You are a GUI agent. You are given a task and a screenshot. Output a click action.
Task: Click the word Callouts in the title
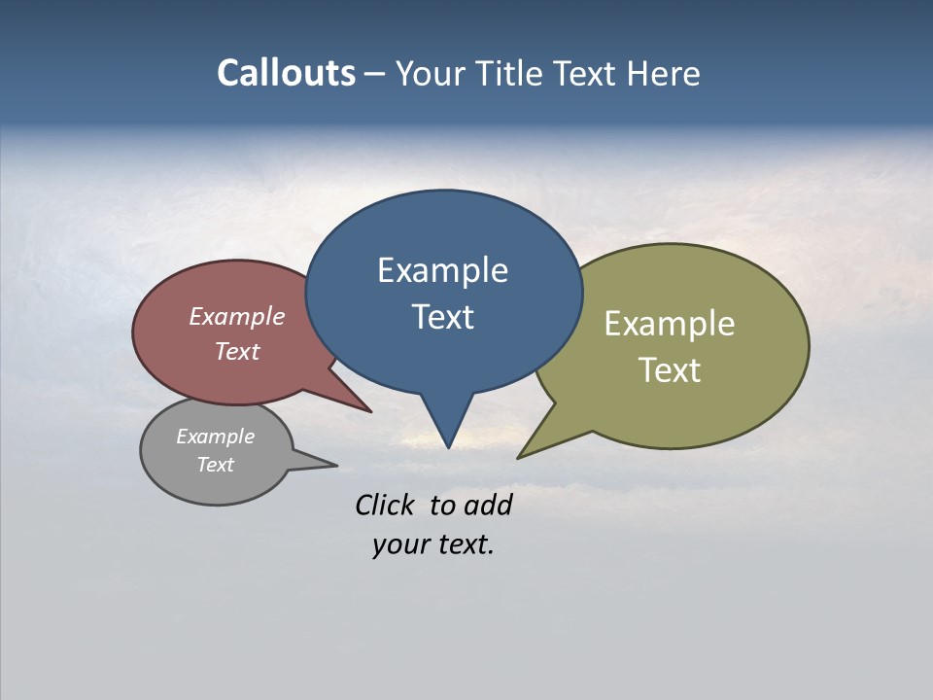286,73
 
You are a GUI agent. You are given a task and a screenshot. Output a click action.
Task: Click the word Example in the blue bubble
442,270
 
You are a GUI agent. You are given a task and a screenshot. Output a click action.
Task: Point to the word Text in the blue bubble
442,317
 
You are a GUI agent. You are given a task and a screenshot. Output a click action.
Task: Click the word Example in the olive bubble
670,324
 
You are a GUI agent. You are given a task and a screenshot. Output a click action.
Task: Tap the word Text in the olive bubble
670,370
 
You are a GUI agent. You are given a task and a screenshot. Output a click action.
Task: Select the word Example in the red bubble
237,316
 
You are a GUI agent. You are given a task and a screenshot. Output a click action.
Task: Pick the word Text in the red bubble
237,351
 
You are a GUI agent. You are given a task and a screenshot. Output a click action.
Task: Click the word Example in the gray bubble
216,437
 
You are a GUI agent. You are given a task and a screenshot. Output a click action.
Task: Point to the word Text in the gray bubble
216,465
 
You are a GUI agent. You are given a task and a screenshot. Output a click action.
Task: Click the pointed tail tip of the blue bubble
448,447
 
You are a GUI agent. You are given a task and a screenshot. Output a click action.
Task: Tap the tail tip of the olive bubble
518,457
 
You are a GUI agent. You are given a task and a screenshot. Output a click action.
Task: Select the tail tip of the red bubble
370,412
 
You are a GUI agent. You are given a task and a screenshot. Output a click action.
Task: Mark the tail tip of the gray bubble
336,465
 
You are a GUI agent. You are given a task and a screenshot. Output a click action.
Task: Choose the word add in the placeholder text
488,505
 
